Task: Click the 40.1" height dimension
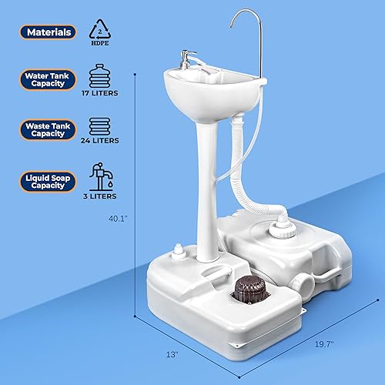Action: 119,218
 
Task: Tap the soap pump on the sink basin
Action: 180,59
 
